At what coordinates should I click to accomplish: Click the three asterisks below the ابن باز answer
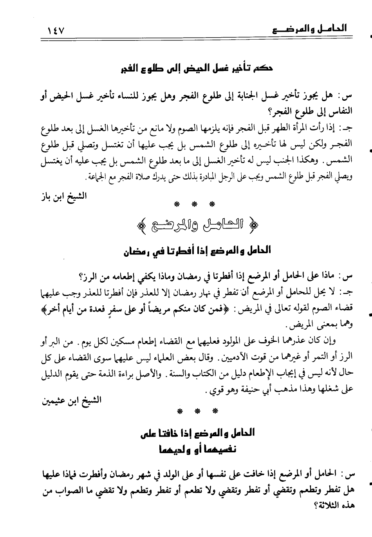point(195,204)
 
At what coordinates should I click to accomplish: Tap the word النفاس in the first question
point(340,111)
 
